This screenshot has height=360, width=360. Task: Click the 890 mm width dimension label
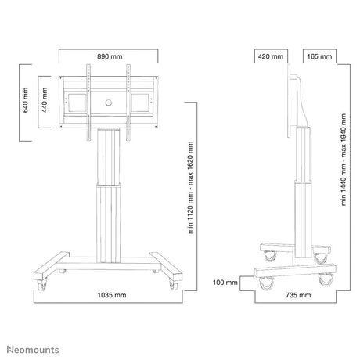coord(110,56)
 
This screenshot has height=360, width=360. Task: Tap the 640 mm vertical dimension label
coord(25,100)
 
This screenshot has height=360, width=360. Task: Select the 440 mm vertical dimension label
coord(45,100)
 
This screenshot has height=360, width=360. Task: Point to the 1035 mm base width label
coord(112,295)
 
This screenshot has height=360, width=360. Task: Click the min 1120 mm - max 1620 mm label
coord(190,188)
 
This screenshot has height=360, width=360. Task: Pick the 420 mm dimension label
coord(271,56)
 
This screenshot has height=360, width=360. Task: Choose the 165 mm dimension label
coord(319,56)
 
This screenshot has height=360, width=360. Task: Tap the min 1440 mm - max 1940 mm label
coord(344,160)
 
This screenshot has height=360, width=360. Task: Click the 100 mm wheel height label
coord(225,283)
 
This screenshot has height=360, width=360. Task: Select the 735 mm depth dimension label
coord(298,295)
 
